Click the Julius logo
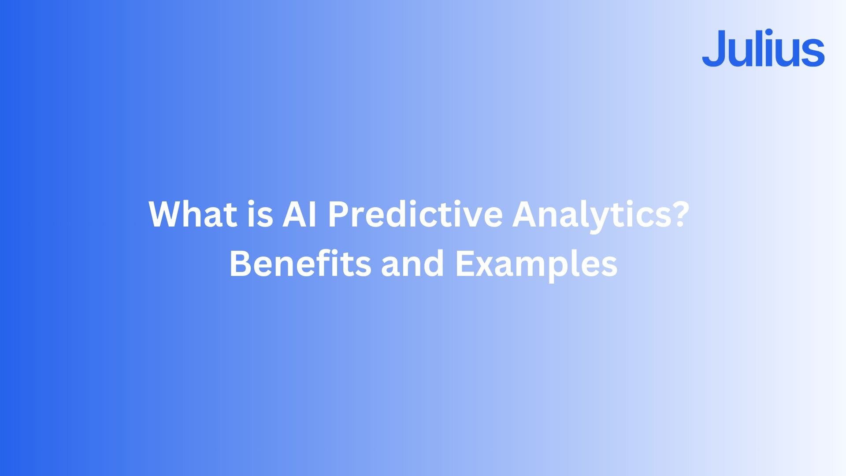(763, 48)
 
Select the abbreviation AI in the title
(300, 214)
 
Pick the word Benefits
(300, 263)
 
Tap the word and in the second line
(412, 263)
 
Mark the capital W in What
(168, 214)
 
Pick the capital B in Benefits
(240, 264)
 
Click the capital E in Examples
(465, 264)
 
